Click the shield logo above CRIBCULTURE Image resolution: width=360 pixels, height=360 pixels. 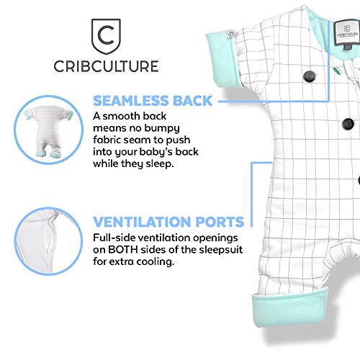[106, 37]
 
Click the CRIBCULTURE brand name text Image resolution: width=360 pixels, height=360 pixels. [106, 66]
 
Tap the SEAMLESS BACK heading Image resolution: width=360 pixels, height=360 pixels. [153, 101]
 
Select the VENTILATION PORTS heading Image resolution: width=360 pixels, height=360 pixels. [168, 222]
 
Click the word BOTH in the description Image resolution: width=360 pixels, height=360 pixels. [123, 250]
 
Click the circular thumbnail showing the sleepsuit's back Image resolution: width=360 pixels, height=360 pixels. [48, 130]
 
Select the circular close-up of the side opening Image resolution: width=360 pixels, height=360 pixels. [48, 241]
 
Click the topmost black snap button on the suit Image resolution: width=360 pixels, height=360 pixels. [310, 76]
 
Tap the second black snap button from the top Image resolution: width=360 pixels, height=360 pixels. [348, 124]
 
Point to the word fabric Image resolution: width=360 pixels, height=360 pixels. [107, 140]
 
